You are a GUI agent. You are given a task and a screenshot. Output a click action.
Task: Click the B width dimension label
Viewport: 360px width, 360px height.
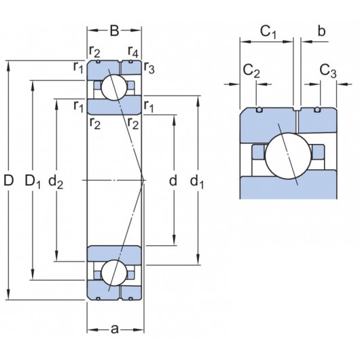[x=114, y=30]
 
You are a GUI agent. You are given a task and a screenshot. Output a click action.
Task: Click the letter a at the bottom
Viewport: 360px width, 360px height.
[x=114, y=329]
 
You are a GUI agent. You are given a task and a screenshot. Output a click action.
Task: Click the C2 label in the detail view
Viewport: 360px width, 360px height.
[x=251, y=70]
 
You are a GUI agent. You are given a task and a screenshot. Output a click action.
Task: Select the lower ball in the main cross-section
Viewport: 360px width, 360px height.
[x=114, y=273]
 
